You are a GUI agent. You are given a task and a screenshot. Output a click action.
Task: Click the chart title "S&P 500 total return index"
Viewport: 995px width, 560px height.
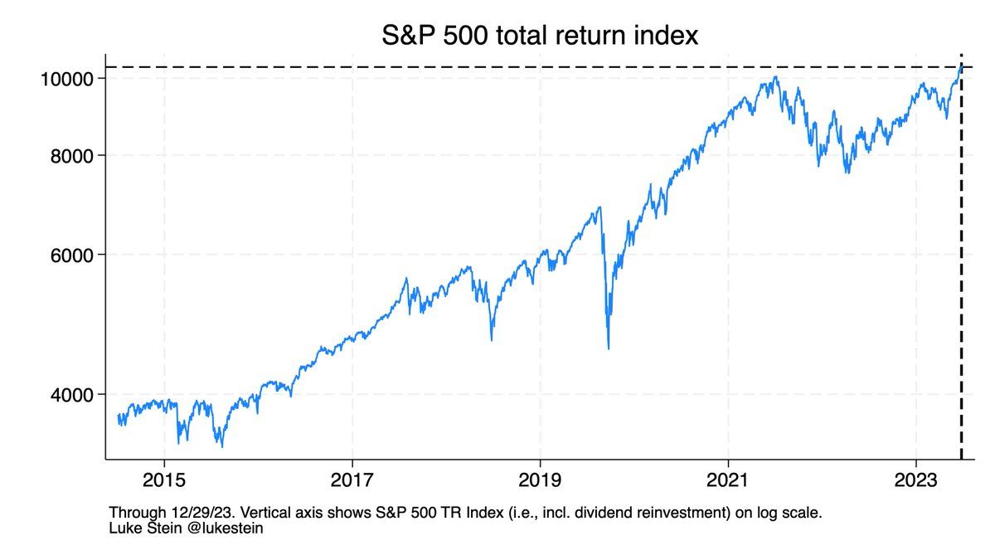coord(540,36)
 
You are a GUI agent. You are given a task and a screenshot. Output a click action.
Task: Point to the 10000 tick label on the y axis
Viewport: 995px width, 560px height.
coord(70,79)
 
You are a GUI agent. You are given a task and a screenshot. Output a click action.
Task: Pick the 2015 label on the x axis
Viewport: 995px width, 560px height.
coord(164,482)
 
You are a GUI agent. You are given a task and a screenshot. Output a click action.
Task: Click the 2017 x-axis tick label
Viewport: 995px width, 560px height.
coord(352,482)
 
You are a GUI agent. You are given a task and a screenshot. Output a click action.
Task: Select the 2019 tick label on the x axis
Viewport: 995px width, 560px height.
coord(541,482)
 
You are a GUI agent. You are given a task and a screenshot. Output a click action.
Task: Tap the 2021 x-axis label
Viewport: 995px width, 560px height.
coord(728,482)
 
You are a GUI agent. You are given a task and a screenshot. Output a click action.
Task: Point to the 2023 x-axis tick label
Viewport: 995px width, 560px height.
coord(916,482)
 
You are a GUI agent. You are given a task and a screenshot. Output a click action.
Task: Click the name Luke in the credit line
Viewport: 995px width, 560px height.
coord(124,528)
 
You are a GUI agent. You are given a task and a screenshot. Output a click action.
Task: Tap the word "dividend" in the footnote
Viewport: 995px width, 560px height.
coord(610,513)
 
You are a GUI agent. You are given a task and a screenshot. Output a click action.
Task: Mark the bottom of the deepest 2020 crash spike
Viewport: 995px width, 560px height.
coord(609,348)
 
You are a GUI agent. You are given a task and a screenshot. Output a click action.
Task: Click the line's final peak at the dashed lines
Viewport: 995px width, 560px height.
coord(960,66)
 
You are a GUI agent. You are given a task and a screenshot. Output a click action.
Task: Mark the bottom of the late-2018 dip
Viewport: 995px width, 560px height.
coord(492,339)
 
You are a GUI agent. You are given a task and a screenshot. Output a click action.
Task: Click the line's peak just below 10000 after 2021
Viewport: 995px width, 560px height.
coord(776,77)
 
